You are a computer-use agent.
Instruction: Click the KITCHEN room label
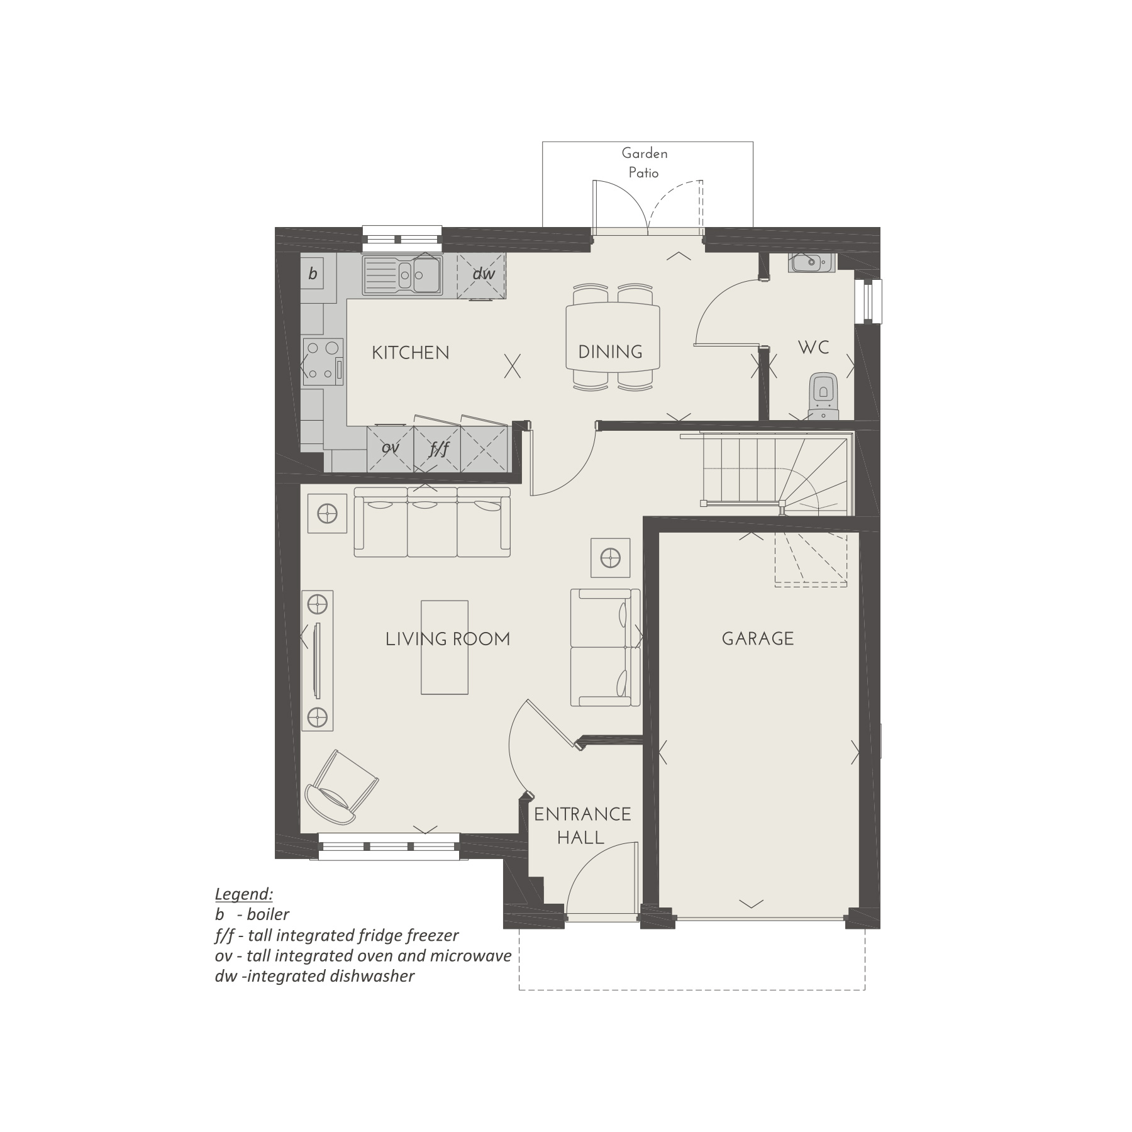[410, 353]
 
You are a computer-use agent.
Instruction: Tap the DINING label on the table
[610, 352]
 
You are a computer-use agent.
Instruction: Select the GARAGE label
[757, 639]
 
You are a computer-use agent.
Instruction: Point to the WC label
[813, 348]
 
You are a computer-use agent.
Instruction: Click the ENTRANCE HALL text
[582, 826]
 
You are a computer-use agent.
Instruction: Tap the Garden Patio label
[644, 163]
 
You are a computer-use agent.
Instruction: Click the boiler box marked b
[313, 274]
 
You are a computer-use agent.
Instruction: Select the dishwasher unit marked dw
[482, 274]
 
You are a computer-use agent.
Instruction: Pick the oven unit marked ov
[391, 448]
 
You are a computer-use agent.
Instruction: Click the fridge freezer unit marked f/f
[438, 448]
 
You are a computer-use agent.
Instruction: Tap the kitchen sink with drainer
[402, 275]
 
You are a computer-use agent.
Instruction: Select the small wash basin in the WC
[810, 262]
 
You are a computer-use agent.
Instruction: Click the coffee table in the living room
[445, 647]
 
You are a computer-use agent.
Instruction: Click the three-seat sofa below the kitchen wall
[432, 522]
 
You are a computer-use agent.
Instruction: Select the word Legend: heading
[243, 894]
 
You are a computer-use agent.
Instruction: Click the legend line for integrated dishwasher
[314, 976]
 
